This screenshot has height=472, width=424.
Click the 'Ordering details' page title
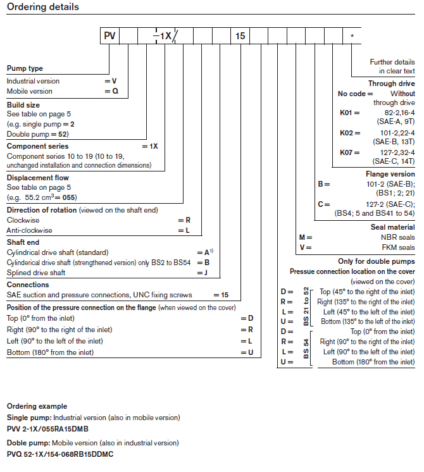click(x=43, y=8)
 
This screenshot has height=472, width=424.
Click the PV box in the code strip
click(x=109, y=36)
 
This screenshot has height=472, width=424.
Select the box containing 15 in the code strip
click(x=240, y=36)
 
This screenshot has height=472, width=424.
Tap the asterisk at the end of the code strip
click(x=352, y=36)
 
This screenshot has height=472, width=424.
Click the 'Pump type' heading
click(x=25, y=68)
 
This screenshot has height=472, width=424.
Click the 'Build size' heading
click(x=24, y=104)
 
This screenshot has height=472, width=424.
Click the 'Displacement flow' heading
click(x=38, y=178)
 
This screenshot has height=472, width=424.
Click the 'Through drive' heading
click(x=392, y=83)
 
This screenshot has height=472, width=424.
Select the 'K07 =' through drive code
click(x=348, y=152)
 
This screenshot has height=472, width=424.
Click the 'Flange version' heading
click(x=390, y=174)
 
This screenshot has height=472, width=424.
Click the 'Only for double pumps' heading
click(x=377, y=261)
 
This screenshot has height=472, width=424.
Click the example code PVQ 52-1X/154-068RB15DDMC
click(x=60, y=454)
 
